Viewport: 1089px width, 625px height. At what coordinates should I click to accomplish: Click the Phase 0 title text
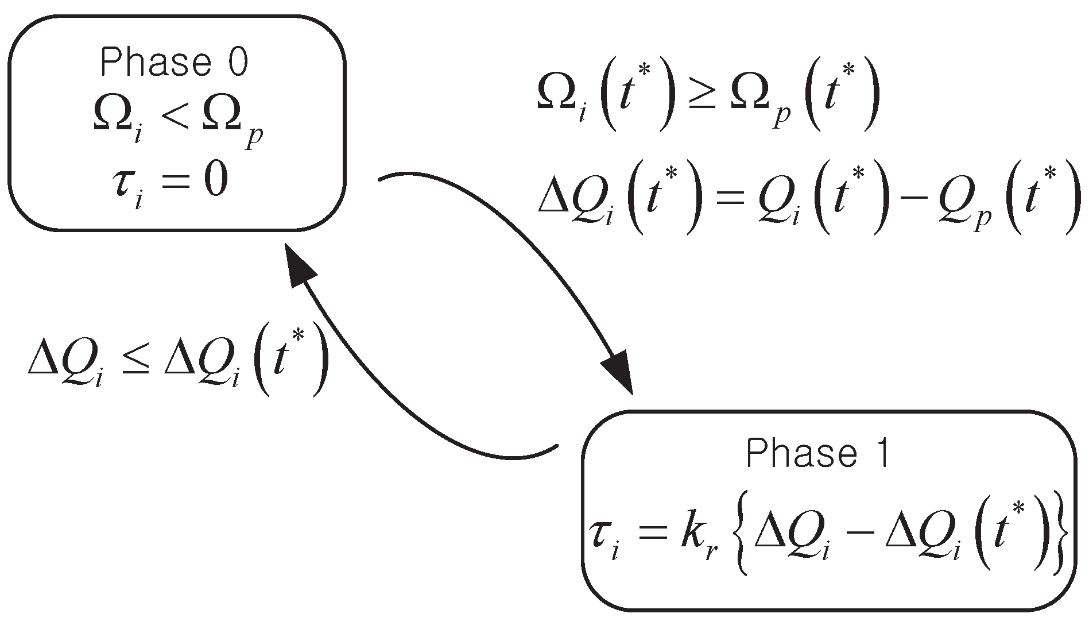175,63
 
